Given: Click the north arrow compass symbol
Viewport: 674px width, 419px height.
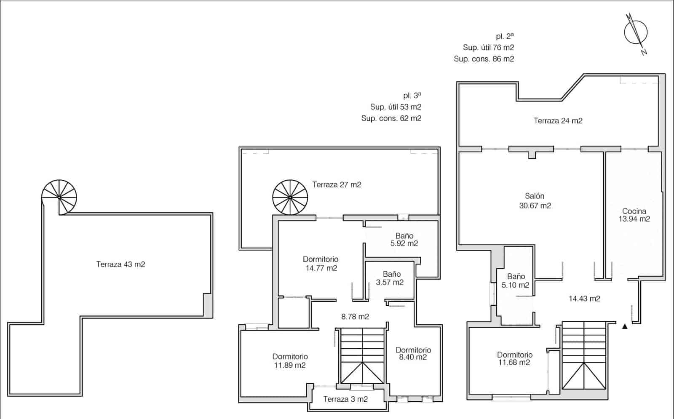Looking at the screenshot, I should [636, 32].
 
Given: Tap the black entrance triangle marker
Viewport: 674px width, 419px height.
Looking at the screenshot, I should [625, 326].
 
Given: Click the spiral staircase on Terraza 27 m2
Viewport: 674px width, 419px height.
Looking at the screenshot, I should [290, 197].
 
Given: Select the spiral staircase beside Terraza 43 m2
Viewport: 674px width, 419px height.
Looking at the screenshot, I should [59, 197].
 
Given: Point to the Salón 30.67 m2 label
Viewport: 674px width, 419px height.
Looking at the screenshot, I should [535, 201].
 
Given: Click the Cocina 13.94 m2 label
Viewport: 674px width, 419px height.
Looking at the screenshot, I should [634, 215].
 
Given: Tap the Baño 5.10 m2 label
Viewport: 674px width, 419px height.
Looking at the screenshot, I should [516, 280].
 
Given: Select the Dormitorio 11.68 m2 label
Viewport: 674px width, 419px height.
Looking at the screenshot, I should [514, 358].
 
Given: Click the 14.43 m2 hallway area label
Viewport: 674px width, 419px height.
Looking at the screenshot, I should [584, 299].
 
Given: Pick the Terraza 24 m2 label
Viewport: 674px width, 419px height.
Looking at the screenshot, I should [558, 121].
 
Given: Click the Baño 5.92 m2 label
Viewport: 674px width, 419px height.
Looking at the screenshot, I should [404, 239].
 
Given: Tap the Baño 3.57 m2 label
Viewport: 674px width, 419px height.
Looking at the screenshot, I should [390, 278].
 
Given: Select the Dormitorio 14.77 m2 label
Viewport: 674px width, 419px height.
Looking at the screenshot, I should [321, 264].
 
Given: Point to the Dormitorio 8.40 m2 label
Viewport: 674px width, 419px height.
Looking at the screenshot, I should [413, 353].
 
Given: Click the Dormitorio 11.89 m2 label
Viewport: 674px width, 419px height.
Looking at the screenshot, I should [290, 361].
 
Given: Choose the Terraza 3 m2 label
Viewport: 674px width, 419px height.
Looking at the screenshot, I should [345, 399].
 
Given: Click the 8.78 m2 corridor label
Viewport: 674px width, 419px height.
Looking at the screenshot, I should [355, 317].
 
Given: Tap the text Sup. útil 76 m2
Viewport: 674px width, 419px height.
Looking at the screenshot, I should [488, 48].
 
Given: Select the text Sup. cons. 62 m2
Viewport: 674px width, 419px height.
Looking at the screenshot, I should [391, 118].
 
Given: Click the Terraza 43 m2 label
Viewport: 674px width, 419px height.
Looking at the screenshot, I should [120, 264].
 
